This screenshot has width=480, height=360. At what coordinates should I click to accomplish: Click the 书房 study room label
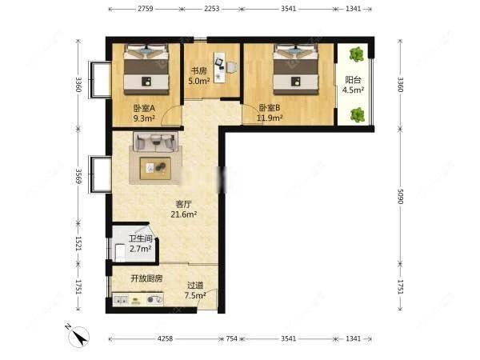click(x=199, y=71)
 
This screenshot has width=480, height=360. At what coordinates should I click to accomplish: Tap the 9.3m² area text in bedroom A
click(x=144, y=118)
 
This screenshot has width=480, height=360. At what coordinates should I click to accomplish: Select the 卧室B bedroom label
click(x=270, y=108)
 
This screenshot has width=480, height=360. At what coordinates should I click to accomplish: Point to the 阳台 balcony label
click(x=353, y=80)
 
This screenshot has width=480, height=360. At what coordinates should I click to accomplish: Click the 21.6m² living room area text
click(x=184, y=214)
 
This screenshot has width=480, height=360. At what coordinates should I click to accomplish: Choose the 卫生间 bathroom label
click(x=141, y=238)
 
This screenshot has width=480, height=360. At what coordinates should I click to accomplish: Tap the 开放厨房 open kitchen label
click(x=146, y=278)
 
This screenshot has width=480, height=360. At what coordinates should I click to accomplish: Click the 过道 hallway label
click(x=195, y=286)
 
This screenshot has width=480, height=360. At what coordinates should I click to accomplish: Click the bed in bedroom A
click(x=146, y=69)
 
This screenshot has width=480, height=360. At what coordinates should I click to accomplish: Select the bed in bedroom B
click(x=296, y=69)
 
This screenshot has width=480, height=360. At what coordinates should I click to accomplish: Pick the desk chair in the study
click(x=232, y=67)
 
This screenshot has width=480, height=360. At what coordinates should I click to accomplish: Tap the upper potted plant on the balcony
click(x=357, y=54)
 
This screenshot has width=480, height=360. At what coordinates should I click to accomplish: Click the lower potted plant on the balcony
click(x=358, y=115)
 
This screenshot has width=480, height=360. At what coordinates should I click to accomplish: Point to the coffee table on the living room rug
click(x=155, y=168)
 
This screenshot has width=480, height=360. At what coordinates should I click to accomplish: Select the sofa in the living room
click(x=155, y=142)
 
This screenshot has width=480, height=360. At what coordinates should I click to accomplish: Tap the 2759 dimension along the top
click(x=146, y=9)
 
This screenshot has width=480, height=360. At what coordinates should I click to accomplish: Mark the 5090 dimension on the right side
click(x=401, y=196)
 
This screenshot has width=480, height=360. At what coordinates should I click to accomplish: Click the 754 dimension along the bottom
click(x=232, y=338)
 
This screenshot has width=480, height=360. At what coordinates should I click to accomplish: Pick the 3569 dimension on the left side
click(x=79, y=176)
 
